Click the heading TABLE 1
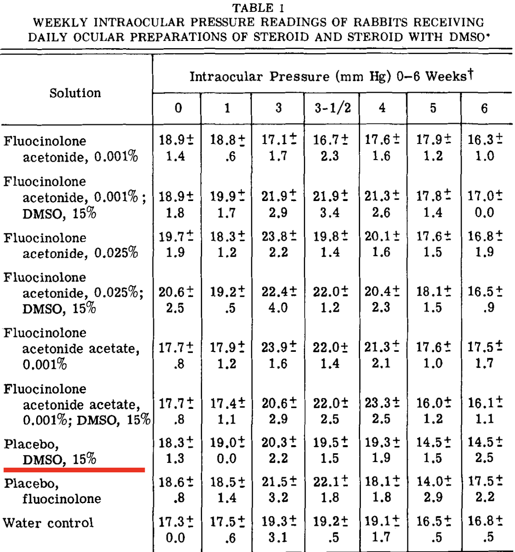click(x=258, y=8)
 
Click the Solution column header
click(x=75, y=93)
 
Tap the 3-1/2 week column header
click(x=332, y=108)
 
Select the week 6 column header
click(x=484, y=108)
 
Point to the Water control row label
click(x=48, y=523)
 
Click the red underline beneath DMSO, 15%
click(x=74, y=470)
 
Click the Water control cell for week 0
click(x=176, y=529)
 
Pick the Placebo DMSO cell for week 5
click(x=433, y=450)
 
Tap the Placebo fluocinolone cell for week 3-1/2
click(x=330, y=489)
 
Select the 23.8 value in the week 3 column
click(x=275, y=236)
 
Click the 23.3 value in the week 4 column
click(x=378, y=403)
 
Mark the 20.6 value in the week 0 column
click(x=172, y=292)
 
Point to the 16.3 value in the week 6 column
click(x=481, y=140)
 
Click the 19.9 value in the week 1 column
click(x=223, y=196)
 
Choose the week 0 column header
click(x=178, y=108)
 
